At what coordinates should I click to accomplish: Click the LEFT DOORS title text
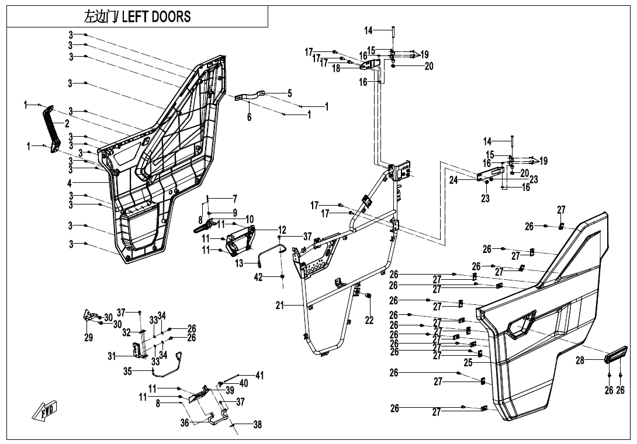pos(137,17)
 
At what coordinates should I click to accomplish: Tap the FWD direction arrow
pos(44,412)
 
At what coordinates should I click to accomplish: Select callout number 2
pos(67,123)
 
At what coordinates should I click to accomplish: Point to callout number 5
pos(289,93)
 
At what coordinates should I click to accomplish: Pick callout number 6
pos(249,117)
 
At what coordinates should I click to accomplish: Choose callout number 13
pos(238,263)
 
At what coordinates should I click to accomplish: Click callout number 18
pos(336,68)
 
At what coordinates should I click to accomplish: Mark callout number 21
pos(280,305)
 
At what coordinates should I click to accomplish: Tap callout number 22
pos(369,320)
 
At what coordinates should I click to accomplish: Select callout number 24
pos(453,181)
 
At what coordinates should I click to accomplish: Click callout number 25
pos(468,363)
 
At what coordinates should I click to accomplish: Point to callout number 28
pos(580,361)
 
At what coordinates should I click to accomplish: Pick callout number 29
pos(88,338)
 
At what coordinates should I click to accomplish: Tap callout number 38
pos(257,426)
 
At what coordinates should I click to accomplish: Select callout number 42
pos(259,277)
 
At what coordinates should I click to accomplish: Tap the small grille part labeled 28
pos(615,355)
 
